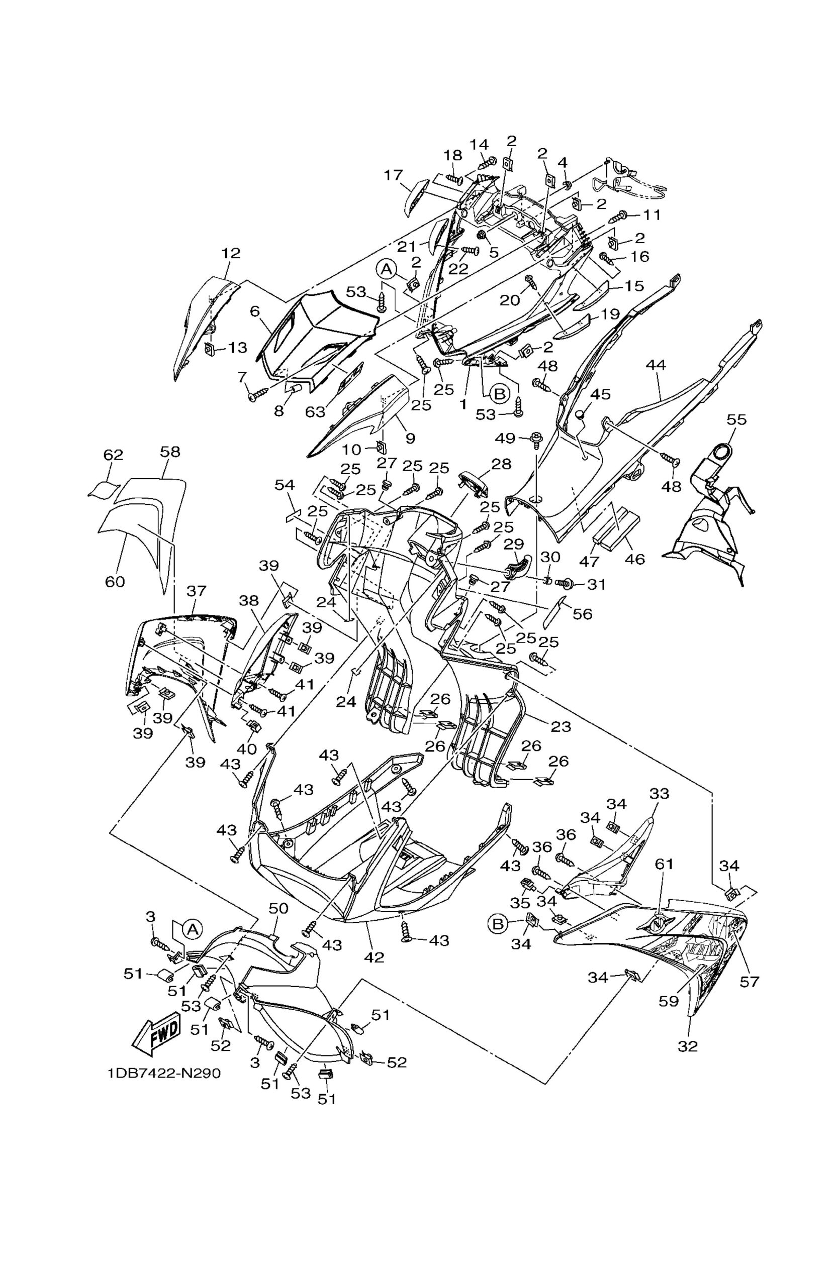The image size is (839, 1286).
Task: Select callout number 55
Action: point(736,419)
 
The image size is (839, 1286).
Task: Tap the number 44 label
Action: point(655,365)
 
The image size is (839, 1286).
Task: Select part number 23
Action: point(561,726)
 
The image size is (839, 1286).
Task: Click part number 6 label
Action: point(255,311)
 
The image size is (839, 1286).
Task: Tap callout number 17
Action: point(393,175)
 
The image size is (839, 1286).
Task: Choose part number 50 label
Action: point(278,908)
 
